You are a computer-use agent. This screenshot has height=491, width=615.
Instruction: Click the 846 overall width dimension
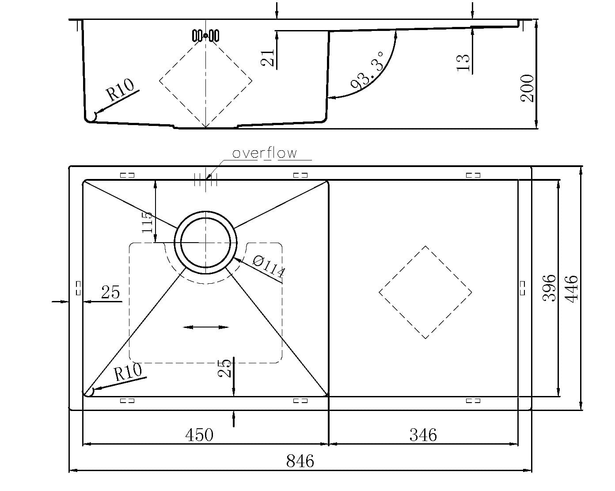300,461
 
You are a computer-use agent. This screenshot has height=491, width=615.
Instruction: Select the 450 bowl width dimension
199,435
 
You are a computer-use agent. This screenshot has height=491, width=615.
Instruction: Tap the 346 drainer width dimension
423,435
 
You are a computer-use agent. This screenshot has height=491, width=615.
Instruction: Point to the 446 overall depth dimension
572,289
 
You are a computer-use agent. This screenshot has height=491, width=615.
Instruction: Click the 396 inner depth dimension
549,288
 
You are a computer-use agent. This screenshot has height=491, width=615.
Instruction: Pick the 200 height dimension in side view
528,88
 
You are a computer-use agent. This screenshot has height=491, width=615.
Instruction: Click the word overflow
265,153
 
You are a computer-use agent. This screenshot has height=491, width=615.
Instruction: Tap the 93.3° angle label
368,71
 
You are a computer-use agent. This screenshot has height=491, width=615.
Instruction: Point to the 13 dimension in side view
462,62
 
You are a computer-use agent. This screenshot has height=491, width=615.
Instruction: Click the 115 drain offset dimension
148,222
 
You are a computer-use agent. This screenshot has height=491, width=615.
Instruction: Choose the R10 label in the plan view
128,372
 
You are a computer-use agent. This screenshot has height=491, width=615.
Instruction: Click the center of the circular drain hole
205,243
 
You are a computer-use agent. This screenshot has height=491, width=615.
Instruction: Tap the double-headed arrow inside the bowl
205,327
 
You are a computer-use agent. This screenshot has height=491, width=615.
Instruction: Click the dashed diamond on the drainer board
425,292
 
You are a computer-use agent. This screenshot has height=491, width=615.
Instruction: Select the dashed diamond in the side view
205,81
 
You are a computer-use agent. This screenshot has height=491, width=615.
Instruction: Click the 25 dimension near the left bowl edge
110,292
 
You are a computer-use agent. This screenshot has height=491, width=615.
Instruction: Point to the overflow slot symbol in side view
205,35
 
